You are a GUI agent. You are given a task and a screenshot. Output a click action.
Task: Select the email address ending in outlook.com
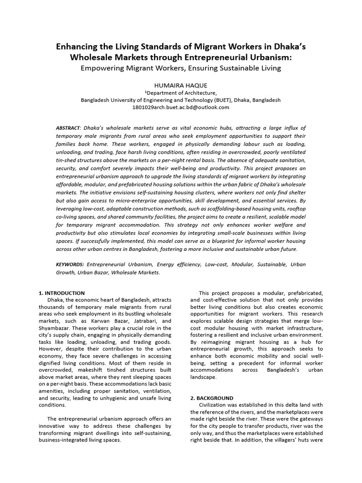coord(181,107)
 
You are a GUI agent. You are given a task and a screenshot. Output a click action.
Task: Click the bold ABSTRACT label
coord(67,128)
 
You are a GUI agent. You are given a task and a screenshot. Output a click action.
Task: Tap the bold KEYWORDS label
coord(70,265)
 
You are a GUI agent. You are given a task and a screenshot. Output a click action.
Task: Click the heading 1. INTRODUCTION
coord(61,293)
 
